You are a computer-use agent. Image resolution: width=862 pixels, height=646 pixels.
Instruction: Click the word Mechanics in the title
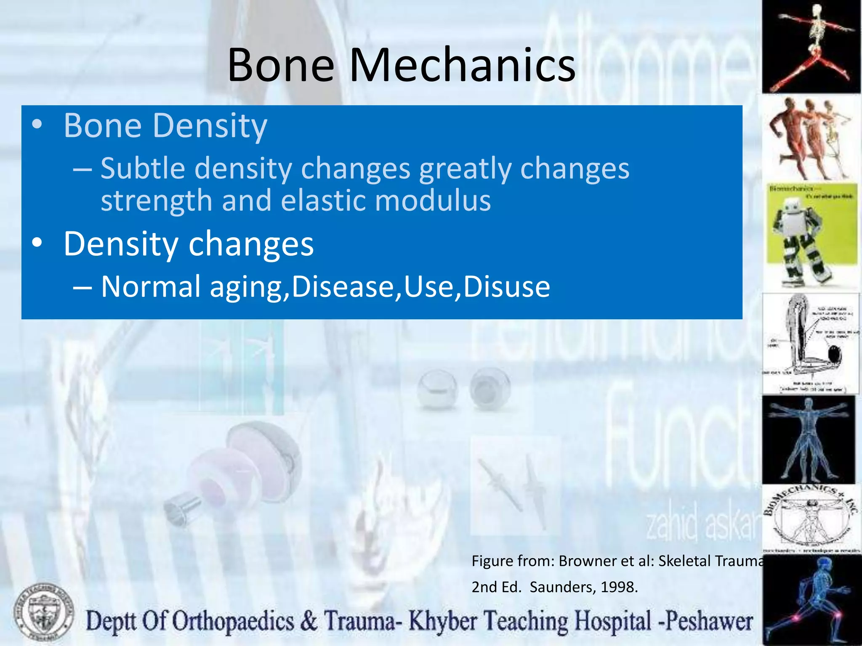click(462, 65)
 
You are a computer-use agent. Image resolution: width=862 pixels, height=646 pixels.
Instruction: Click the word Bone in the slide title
click(281, 65)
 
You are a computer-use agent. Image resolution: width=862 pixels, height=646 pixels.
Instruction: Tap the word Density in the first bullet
click(209, 126)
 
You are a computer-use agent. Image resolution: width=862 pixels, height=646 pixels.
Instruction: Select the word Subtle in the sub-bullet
click(143, 168)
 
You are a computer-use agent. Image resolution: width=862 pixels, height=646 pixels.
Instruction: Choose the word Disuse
click(506, 287)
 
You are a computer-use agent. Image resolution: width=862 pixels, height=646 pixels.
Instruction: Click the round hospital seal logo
click(43, 613)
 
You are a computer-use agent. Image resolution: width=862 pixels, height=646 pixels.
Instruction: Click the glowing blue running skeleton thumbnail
click(810, 601)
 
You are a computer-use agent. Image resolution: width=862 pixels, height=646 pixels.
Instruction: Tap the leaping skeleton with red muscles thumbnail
click(810, 46)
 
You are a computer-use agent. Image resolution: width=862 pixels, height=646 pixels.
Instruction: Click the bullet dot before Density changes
click(37, 243)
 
